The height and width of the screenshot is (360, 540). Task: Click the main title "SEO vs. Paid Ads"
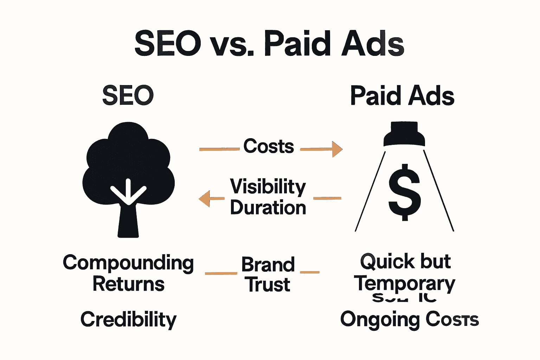(269, 44)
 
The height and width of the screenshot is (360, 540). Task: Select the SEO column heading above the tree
(128, 96)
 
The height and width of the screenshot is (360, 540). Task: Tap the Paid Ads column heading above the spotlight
(402, 96)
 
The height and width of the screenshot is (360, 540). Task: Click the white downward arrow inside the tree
(128, 192)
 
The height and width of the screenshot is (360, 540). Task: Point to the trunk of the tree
(128, 221)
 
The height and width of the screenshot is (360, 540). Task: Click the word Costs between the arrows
(269, 146)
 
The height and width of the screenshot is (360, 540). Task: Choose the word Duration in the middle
(268, 207)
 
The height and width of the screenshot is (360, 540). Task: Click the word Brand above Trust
(268, 264)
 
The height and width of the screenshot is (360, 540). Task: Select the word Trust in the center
(268, 285)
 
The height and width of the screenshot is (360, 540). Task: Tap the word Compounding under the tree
(128, 263)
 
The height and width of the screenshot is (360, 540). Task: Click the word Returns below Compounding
(128, 284)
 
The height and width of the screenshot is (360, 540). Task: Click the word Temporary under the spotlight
(404, 283)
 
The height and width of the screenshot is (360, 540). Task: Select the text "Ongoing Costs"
(409, 319)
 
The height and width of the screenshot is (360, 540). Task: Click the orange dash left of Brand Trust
(221, 273)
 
